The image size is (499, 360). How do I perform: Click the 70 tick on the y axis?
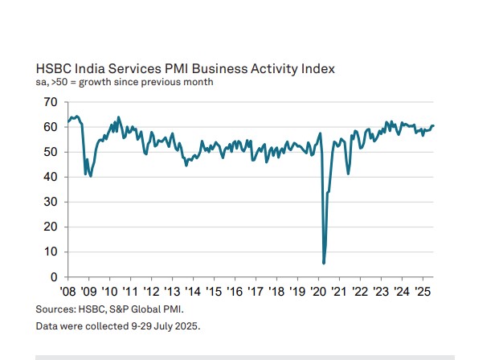click(51, 102)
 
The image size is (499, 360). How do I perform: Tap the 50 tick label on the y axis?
click(51, 152)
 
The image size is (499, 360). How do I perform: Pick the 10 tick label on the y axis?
click(51, 252)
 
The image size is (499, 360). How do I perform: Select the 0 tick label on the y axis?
click(54, 276)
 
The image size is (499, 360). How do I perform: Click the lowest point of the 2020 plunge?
click(324, 263)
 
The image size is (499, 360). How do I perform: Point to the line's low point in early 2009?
click(90, 176)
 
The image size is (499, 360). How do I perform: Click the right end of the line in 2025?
click(434, 125)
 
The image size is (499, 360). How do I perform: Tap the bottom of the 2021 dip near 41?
click(348, 174)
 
